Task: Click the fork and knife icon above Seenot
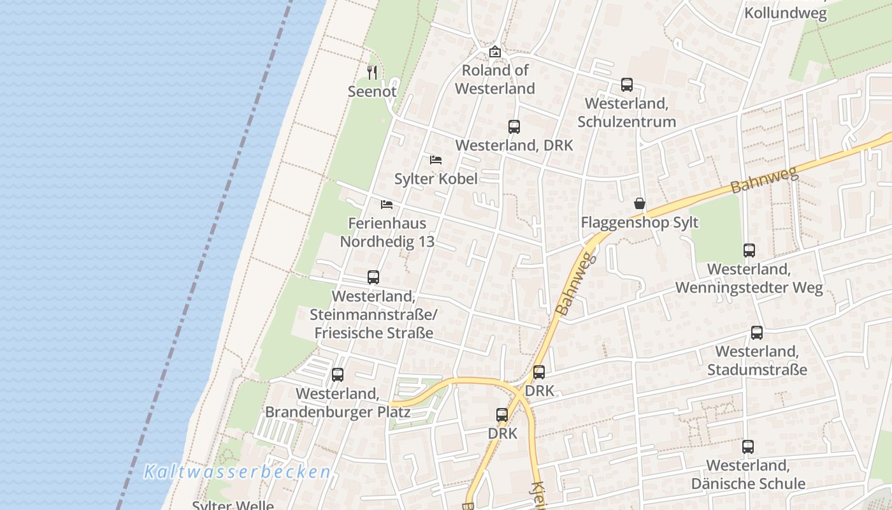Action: click(373, 73)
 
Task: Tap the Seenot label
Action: click(372, 91)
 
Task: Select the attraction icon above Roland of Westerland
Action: click(494, 52)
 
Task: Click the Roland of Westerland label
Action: click(495, 79)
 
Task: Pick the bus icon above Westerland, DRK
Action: click(514, 127)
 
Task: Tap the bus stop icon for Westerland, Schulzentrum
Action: click(627, 85)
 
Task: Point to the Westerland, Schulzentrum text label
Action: click(630, 112)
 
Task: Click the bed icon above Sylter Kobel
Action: click(436, 159)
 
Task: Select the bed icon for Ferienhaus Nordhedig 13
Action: click(387, 205)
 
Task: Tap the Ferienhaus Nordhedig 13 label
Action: click(387, 233)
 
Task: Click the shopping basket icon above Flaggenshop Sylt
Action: click(640, 203)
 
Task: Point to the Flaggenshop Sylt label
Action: click(640, 222)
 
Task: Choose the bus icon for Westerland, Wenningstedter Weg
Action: click(749, 251)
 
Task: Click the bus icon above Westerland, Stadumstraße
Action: click(757, 333)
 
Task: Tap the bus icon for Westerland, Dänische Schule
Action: click(748, 447)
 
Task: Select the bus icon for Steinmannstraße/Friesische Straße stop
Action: click(373, 277)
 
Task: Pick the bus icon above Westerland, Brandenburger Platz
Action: click(338, 375)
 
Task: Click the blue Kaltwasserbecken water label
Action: click(238, 472)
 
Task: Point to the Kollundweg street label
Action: click(786, 13)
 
